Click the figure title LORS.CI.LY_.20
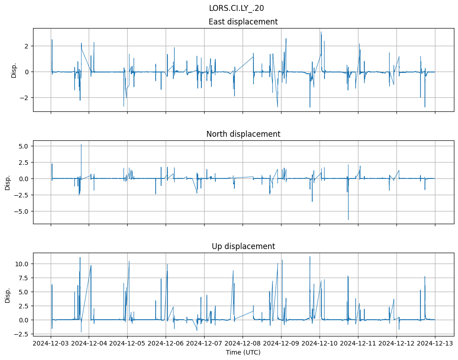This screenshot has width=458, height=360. pyautogui.click(x=236, y=8)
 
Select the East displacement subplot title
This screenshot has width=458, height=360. pyautogui.click(x=243, y=22)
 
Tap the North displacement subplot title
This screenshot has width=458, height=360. pyautogui.click(x=243, y=134)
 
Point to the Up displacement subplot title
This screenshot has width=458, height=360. pyautogui.click(x=243, y=246)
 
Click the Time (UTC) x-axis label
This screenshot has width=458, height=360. pyautogui.click(x=243, y=352)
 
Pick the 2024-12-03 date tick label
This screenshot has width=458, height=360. pyautogui.click(x=50, y=343)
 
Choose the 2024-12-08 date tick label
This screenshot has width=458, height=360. pyautogui.click(x=243, y=343)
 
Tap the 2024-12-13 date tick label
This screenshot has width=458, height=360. pyautogui.click(x=435, y=343)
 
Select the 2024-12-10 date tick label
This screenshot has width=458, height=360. pyautogui.click(x=320, y=343)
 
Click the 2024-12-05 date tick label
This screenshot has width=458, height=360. pyautogui.click(x=127, y=343)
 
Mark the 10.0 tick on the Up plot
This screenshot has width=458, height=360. pyautogui.click(x=22, y=264)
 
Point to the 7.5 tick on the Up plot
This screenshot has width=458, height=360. pyautogui.click(x=24, y=278)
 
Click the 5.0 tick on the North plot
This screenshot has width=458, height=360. pyautogui.click(x=24, y=146)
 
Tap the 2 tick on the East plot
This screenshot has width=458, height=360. pyautogui.click(x=27, y=46)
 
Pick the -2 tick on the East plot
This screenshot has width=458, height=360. pyautogui.click(x=25, y=98)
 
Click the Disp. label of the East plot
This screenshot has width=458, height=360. pyautogui.click(x=14, y=70)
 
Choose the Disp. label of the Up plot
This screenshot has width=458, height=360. pyautogui.click(x=8, y=295)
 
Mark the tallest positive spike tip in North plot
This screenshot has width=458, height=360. pyautogui.click(x=81, y=144)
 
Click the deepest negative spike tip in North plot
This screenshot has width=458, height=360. pyautogui.click(x=348, y=220)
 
